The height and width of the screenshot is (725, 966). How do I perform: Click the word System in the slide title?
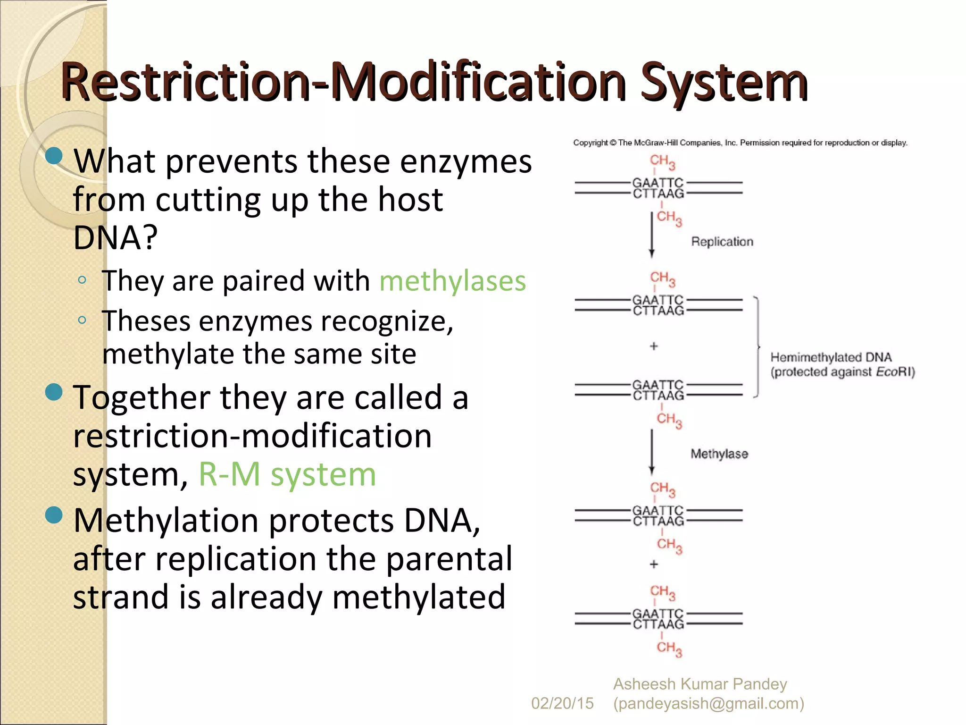coord(724,83)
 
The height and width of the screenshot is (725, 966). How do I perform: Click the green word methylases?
coord(452,281)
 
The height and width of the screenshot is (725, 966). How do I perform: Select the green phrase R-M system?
coord(287,474)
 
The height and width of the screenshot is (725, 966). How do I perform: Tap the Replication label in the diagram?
coord(722,242)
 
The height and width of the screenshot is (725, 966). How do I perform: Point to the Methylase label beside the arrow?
coord(719,454)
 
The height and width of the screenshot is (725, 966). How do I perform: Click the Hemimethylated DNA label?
coord(831,357)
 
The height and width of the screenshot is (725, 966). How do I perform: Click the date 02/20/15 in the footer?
coord(562,703)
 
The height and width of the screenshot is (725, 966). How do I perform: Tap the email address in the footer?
coord(708,703)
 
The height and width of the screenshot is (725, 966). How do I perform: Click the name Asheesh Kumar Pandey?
coord(700,684)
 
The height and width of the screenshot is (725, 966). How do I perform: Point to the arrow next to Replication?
coord(652,234)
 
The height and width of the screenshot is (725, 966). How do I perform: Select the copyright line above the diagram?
coord(740,143)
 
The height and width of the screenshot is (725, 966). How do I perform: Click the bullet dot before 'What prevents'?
coord(54,156)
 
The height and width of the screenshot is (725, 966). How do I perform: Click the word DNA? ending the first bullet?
coord(115,237)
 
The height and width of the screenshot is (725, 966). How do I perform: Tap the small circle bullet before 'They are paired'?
coord(82,280)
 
